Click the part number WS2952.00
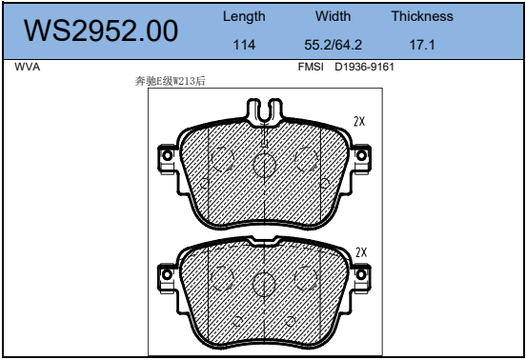(101, 30)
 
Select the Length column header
(244, 16)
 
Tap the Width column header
(334, 16)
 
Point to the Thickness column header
(422, 16)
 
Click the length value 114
(244, 45)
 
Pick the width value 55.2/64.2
(334, 45)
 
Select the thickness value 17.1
(422, 45)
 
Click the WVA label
(28, 67)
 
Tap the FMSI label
(311, 67)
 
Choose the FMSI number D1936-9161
(364, 67)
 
